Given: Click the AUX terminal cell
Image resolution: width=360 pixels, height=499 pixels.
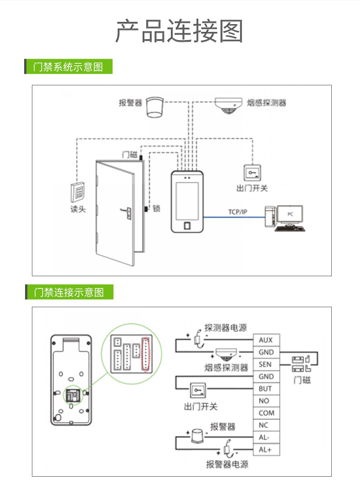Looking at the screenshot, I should coord(266,340).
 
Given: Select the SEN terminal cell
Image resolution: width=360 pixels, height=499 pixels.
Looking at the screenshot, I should coord(266,365).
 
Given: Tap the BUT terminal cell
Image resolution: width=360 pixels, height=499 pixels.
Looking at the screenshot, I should coord(266,389).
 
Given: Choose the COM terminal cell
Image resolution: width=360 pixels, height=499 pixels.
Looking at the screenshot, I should coord(266,413).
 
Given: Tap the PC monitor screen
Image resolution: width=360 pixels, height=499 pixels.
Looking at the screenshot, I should coord(290,213).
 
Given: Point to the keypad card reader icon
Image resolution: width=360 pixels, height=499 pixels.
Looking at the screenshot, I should coord(78,192).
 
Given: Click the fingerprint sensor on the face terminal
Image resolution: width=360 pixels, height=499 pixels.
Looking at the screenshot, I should coord(187,225).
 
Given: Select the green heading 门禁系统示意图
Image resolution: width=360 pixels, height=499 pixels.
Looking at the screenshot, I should coord(68,67).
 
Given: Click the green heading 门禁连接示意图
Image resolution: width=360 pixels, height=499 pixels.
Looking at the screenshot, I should coord(69,292).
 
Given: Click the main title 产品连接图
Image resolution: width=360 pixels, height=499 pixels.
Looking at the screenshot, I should coord(179,32).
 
